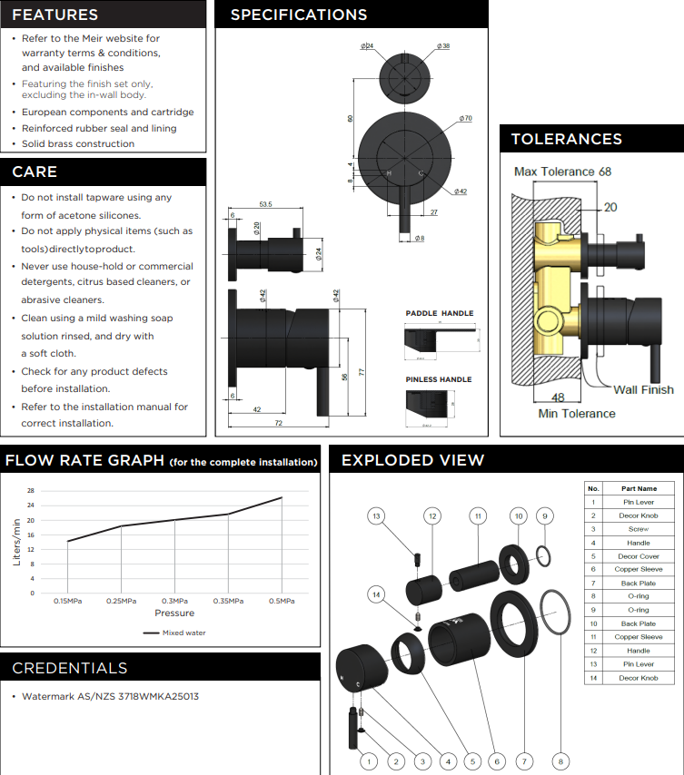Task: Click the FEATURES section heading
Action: click(55, 15)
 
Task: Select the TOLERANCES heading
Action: click(566, 139)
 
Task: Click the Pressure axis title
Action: click(174, 613)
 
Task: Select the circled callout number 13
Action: click(377, 515)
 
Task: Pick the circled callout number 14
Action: click(377, 594)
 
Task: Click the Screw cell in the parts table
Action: click(639, 529)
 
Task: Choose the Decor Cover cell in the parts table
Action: click(639, 556)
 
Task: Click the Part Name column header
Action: click(639, 488)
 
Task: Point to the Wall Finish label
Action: click(643, 389)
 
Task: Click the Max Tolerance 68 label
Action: click(562, 172)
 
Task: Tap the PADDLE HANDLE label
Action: click(439, 313)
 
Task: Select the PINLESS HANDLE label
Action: click(439, 379)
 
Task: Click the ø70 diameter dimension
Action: click(465, 119)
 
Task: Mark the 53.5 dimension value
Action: click(266, 204)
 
